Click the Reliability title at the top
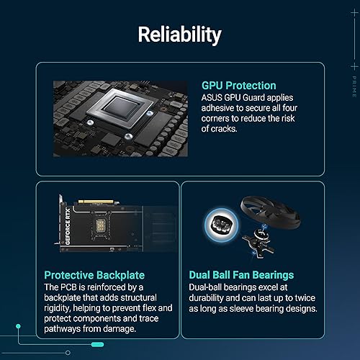(x=179, y=34)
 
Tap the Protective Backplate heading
(x=94, y=275)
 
